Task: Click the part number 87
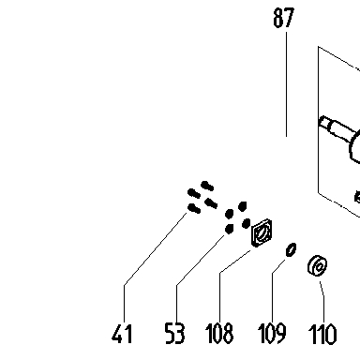pyautogui.click(x=284, y=18)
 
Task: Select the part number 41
pyautogui.click(x=122, y=334)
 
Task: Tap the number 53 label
pyautogui.click(x=175, y=334)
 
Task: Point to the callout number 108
pyautogui.click(x=219, y=334)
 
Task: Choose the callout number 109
pyautogui.click(x=272, y=334)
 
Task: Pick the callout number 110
pyautogui.click(x=322, y=334)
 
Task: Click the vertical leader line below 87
pyautogui.click(x=286, y=84)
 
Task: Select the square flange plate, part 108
pyautogui.click(x=262, y=232)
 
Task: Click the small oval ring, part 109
pyautogui.click(x=291, y=250)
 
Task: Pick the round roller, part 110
pyautogui.click(x=318, y=265)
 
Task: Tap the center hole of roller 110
pyautogui.click(x=319, y=267)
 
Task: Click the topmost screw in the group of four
pyautogui.click(x=207, y=186)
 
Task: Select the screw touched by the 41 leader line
pyautogui.click(x=194, y=208)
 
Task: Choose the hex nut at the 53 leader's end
pyautogui.click(x=229, y=229)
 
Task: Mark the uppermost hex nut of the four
pyautogui.click(x=243, y=206)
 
